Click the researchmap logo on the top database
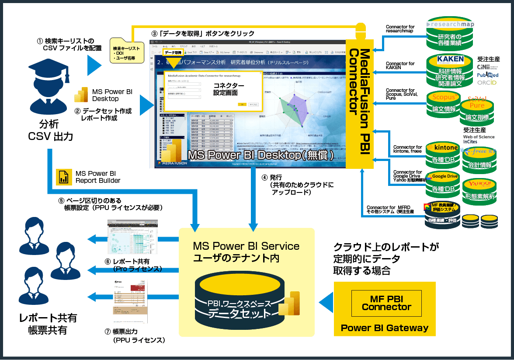(x=450, y=24)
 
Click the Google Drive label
(x=445, y=176)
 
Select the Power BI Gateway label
(x=385, y=328)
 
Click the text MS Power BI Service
(x=246, y=246)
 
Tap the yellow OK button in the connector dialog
(x=241, y=105)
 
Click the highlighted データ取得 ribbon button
(x=173, y=53)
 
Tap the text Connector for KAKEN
(x=400, y=66)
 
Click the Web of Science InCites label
(x=479, y=139)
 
